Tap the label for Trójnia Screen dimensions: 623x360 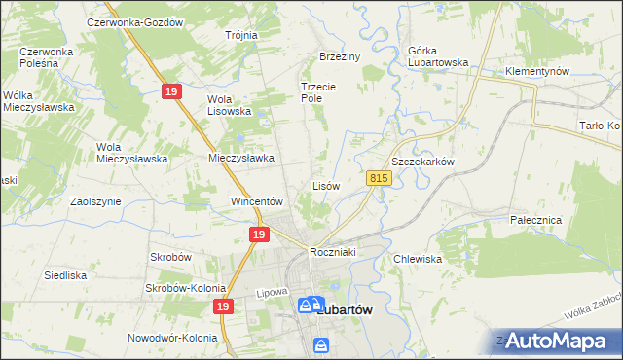click(241, 35)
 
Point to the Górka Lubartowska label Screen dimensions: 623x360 click(424, 62)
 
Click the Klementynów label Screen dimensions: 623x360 click(536, 72)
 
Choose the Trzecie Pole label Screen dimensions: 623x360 click(317, 92)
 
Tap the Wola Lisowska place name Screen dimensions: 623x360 click(230, 104)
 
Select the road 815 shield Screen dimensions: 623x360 click(380, 178)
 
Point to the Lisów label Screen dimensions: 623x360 click(325, 185)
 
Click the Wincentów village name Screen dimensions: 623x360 click(256, 202)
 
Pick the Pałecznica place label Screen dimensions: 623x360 click(536, 220)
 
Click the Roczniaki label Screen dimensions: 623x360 click(336, 252)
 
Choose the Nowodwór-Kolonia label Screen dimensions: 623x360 click(171, 339)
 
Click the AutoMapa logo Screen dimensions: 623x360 click(556, 341)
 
